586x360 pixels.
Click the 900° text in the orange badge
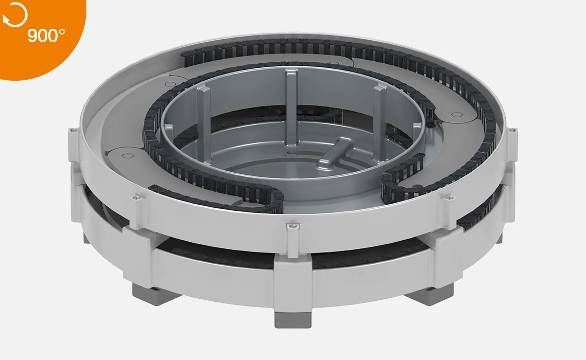(x=47, y=37)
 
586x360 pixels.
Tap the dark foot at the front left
(x=149, y=291)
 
